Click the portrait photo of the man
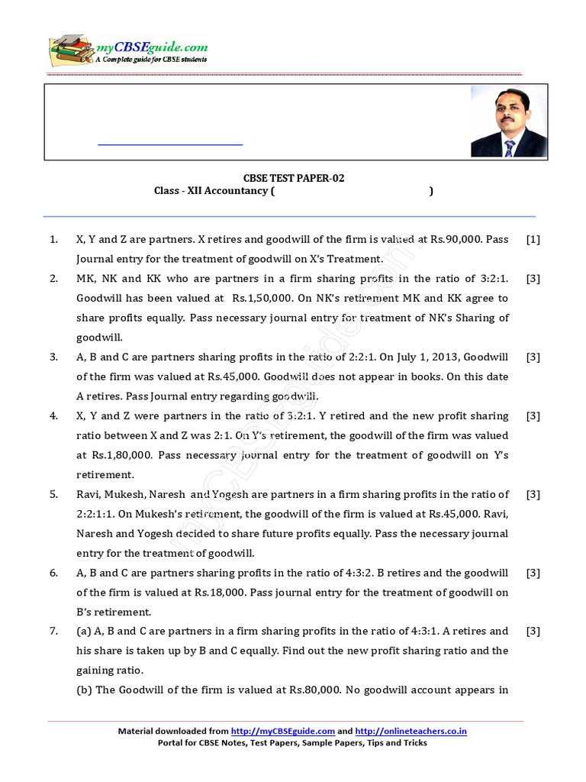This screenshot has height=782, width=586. click(508, 121)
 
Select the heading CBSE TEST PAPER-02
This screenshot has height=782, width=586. click(293, 178)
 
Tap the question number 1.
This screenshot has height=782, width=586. click(53, 239)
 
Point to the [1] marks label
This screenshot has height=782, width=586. click(533, 239)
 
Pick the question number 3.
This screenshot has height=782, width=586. click(53, 357)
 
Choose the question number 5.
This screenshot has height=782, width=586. click(53, 494)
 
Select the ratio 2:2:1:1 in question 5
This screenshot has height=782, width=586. click(96, 514)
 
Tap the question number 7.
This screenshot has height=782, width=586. click(53, 631)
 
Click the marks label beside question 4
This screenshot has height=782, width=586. click(533, 415)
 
